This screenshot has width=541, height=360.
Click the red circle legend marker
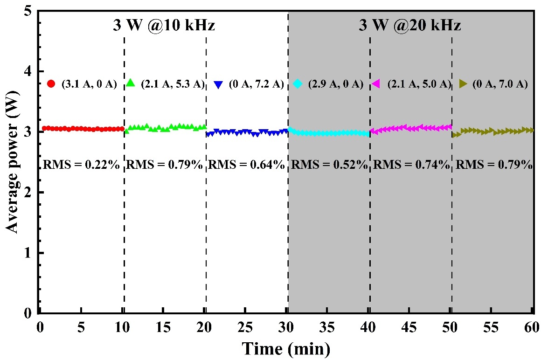click(51, 84)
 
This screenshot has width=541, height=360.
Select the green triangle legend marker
click(131, 83)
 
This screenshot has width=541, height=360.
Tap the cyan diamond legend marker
click(298, 84)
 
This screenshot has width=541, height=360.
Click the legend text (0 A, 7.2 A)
click(256, 84)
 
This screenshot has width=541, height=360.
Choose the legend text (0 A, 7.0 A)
click(500, 84)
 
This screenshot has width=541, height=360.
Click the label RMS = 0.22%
click(82, 164)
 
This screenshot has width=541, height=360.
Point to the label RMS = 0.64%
click(246, 164)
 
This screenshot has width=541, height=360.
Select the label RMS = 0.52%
click(329, 164)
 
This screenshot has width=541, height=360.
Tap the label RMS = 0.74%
click(412, 164)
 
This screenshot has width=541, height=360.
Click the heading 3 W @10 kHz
click(164, 25)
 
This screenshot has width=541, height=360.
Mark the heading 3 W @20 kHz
click(410, 25)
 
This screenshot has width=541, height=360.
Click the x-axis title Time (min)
click(286, 348)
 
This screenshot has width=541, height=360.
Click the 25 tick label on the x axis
click(245, 325)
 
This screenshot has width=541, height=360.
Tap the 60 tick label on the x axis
click(532, 325)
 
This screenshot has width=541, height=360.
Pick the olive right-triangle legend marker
click(464, 84)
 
